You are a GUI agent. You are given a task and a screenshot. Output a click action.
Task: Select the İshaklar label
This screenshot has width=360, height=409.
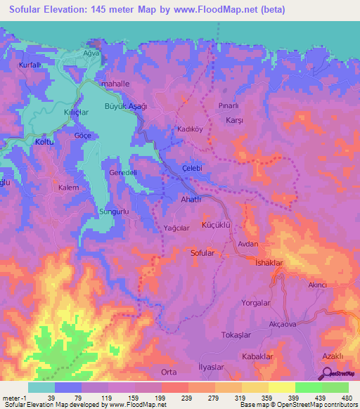click(269, 262)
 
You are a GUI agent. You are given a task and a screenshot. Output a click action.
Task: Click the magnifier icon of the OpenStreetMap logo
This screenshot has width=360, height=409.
click(326, 374)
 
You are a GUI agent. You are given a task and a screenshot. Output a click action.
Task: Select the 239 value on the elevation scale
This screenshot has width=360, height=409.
click(167, 397)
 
